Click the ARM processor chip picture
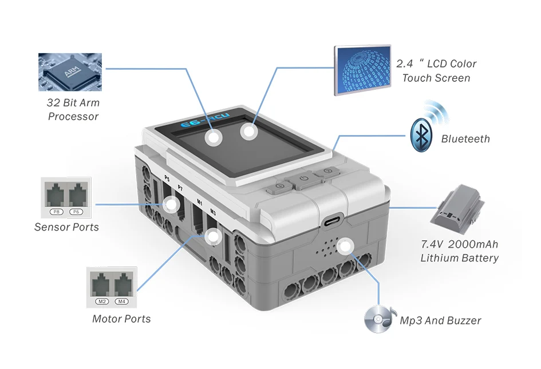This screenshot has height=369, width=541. pos(70,72)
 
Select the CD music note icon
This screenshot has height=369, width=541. pos(378,319)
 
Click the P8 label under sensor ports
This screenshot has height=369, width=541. pos(57,212)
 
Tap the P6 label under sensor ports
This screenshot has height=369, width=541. pos(76,212)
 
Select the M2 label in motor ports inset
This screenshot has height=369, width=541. pos(101,301)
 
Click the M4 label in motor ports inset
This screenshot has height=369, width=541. pos(121,301)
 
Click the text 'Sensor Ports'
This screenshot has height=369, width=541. pos(66,227)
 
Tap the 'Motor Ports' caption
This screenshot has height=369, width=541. pos(121,319)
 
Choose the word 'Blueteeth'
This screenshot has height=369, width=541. pos(465,138)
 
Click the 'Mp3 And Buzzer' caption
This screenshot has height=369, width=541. pos(440,320)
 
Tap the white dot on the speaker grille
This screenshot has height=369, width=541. pos(344,247)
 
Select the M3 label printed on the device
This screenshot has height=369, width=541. pos(213,212)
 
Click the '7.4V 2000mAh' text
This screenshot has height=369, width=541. pos(459,244)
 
